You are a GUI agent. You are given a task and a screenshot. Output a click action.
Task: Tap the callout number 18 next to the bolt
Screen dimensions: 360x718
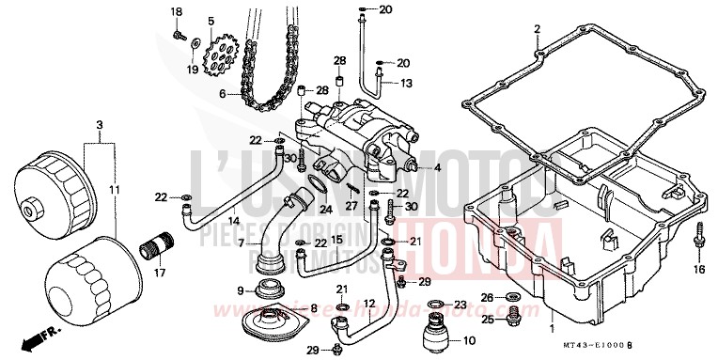coord(176,10)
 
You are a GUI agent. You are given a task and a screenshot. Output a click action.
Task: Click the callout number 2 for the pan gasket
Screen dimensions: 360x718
coord(537,29)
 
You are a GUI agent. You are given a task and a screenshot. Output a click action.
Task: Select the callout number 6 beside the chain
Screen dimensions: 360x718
coord(224,94)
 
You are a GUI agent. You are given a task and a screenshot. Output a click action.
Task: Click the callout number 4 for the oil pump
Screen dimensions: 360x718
coord(436,169)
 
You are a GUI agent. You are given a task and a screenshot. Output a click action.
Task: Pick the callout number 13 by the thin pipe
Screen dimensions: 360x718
coord(406,83)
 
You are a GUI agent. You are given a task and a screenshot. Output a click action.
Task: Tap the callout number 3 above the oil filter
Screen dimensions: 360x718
coord(100,124)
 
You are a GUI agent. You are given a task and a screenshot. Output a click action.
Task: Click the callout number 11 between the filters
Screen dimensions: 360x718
coord(114,191)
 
